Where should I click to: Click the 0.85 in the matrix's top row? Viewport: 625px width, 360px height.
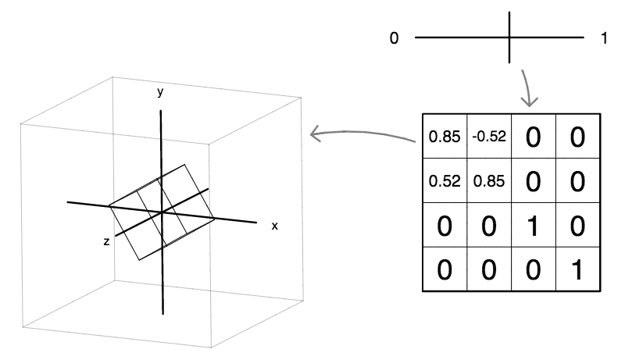[445, 137]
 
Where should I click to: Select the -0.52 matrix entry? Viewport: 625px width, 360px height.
[489, 137]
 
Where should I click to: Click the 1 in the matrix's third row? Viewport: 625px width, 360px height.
[534, 226]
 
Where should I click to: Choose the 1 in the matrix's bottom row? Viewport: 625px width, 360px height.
[577, 270]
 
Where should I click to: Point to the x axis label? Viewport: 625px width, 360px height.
[274, 226]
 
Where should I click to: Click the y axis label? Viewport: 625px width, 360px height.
[160, 92]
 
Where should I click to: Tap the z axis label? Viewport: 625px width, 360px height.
[105, 242]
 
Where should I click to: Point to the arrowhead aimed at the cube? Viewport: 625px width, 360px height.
[314, 134]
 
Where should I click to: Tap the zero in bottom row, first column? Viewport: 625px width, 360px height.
[445, 270]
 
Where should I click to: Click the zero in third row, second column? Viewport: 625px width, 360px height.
[489, 226]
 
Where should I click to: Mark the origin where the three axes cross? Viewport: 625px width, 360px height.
[161, 212]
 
